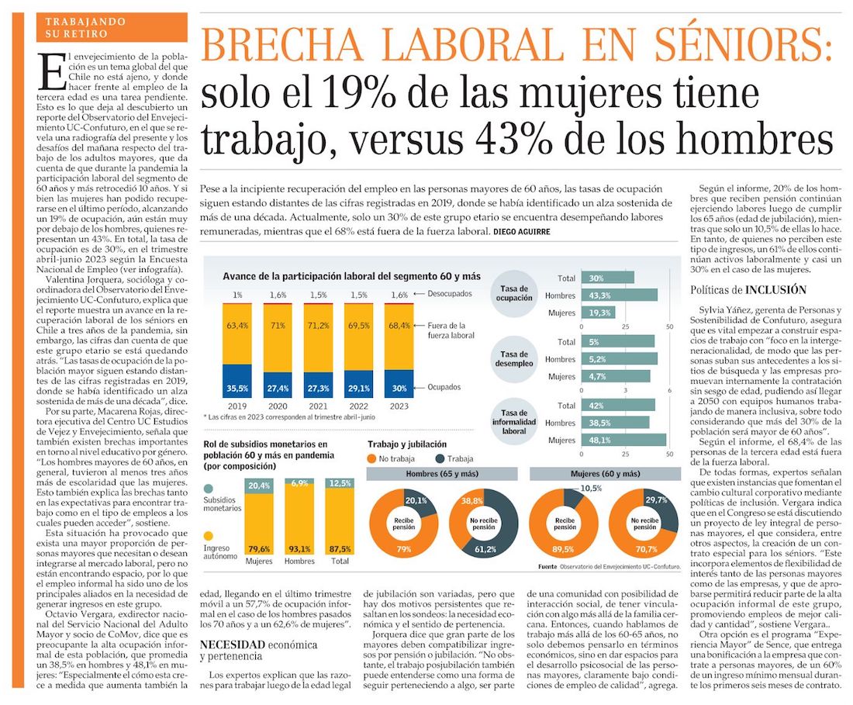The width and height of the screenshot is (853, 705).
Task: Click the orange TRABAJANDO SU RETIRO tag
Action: (x=112, y=28)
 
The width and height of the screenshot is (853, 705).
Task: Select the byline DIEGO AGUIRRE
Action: (x=522, y=232)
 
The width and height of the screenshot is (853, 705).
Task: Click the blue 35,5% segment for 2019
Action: (x=237, y=381)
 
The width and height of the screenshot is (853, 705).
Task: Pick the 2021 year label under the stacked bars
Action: (x=318, y=406)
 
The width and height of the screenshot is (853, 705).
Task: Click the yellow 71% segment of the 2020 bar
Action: (x=278, y=338)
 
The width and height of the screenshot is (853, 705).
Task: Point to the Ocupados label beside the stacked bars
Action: (x=444, y=387)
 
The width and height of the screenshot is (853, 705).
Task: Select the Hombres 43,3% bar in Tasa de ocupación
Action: (x=619, y=295)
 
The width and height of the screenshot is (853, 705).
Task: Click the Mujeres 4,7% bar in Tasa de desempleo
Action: (x=615, y=376)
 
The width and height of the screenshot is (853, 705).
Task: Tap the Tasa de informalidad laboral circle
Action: (x=514, y=422)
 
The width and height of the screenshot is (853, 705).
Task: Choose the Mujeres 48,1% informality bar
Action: (x=623, y=440)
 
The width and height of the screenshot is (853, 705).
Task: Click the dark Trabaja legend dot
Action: (x=440, y=458)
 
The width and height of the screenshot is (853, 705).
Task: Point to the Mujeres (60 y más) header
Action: (x=605, y=474)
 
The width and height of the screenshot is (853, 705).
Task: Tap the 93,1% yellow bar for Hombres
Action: (x=300, y=520)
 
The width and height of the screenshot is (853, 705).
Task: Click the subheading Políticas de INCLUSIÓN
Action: (x=748, y=290)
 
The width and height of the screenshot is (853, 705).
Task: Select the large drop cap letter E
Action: (x=52, y=72)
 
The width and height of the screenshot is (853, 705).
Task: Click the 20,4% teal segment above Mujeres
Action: (x=259, y=486)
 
